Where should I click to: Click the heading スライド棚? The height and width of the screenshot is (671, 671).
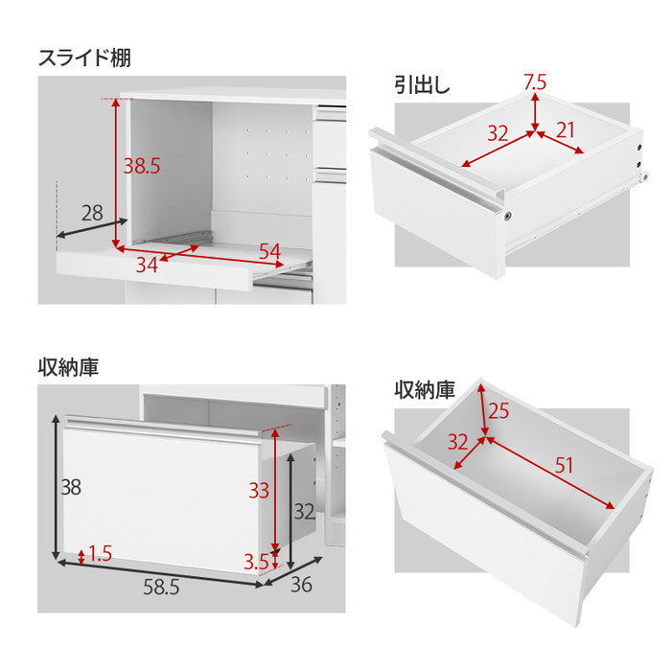(84, 58)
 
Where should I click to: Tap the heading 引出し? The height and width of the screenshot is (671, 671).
(422, 84)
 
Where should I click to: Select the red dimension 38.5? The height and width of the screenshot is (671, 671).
(141, 165)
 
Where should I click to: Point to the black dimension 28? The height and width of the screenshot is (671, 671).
(92, 214)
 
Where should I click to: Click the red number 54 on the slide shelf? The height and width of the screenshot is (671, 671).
(270, 252)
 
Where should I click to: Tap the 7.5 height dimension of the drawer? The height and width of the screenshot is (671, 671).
(534, 82)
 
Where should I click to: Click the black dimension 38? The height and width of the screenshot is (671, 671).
(69, 487)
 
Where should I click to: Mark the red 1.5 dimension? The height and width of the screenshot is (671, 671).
(100, 553)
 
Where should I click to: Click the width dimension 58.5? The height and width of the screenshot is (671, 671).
(161, 588)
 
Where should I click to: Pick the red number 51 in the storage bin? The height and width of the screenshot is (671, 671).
(565, 466)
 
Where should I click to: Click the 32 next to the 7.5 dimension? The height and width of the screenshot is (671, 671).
(497, 132)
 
